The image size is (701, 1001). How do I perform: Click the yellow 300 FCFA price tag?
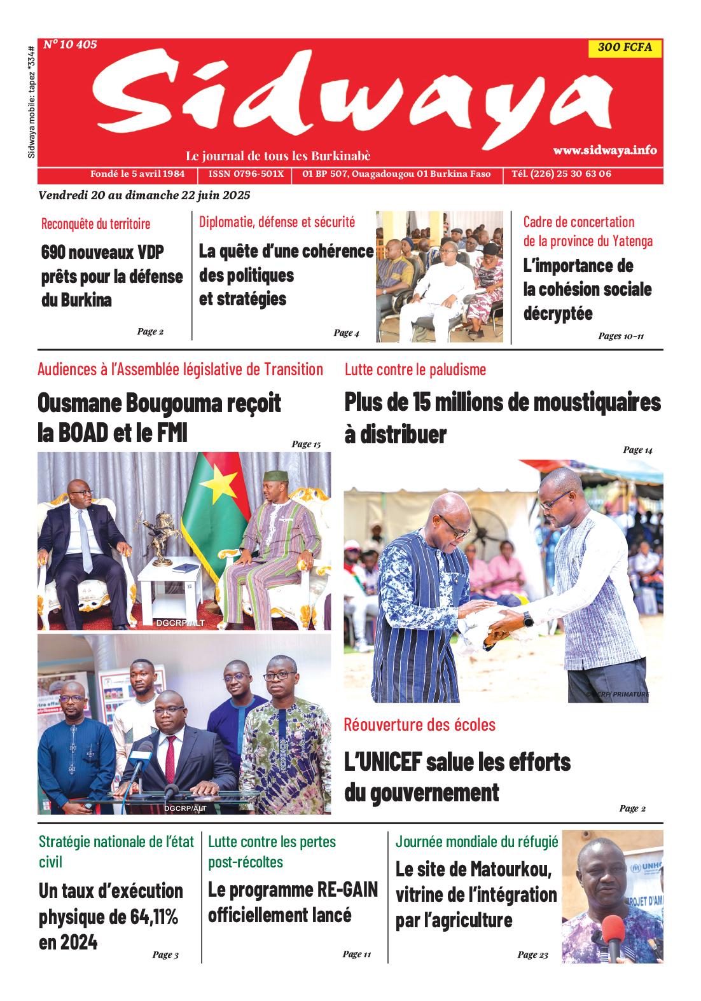click(625, 48)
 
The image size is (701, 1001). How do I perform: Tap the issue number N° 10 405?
click(71, 45)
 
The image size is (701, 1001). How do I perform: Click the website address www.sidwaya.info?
click(604, 150)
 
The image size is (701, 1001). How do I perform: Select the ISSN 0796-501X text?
click(246, 174)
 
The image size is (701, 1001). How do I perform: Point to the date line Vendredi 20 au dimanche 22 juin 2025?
click(144, 195)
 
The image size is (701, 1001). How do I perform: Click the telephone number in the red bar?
click(561, 174)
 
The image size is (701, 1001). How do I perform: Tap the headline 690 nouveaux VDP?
click(102, 252)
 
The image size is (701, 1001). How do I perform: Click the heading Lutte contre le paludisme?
click(415, 369)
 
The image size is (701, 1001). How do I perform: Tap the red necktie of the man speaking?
click(170, 757)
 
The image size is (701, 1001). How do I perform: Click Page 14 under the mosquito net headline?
click(637, 450)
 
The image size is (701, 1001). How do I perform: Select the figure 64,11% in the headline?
click(154, 917)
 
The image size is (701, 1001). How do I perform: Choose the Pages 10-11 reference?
click(621, 336)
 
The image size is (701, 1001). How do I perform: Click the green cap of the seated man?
click(276, 476)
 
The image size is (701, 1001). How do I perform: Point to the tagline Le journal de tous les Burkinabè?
click(278, 156)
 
